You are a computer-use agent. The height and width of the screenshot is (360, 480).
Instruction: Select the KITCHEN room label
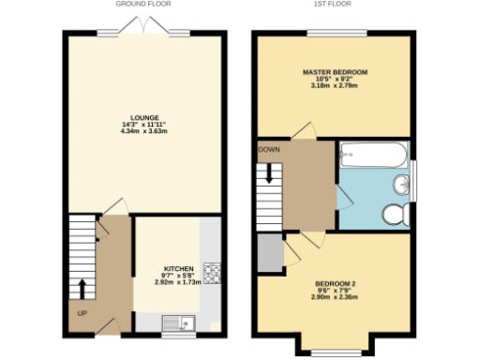tap(178, 267)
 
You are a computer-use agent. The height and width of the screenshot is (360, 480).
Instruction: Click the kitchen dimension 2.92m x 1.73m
tap(178, 281)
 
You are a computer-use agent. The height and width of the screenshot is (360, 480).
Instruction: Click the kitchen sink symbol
tap(177, 325)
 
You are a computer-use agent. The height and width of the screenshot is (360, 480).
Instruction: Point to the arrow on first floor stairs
tap(268, 172)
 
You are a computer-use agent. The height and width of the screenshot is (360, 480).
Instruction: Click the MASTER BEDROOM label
tap(334, 72)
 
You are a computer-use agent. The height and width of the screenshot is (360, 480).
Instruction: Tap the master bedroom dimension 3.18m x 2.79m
tap(334, 86)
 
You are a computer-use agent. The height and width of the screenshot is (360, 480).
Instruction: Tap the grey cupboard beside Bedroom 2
tap(269, 251)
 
